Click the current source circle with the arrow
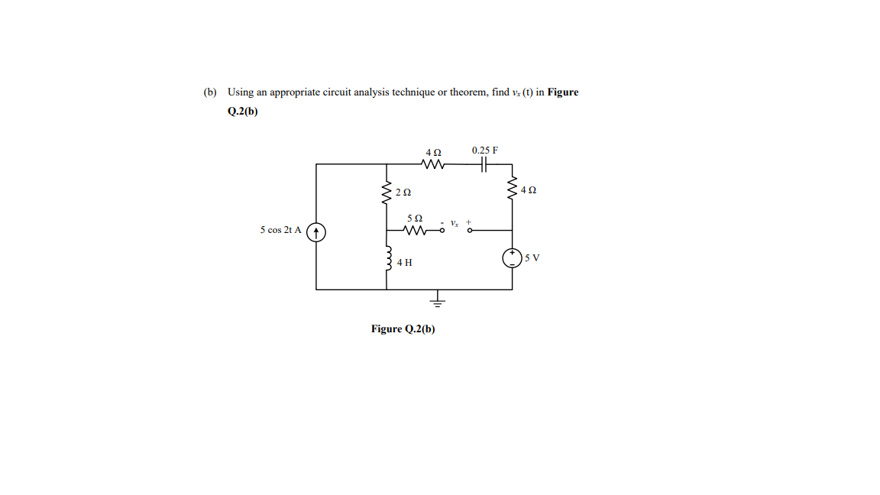(x=317, y=230)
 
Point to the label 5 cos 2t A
(x=280, y=229)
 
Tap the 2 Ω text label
(x=403, y=192)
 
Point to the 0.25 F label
(x=484, y=150)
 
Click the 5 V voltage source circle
(x=512, y=258)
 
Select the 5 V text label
(x=532, y=258)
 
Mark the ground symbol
(x=438, y=301)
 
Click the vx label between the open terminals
(x=455, y=224)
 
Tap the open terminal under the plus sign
(x=470, y=229)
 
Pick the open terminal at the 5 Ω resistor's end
(x=442, y=229)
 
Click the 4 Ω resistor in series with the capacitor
(x=434, y=163)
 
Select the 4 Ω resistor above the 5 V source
(x=512, y=189)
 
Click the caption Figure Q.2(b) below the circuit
(x=403, y=329)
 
